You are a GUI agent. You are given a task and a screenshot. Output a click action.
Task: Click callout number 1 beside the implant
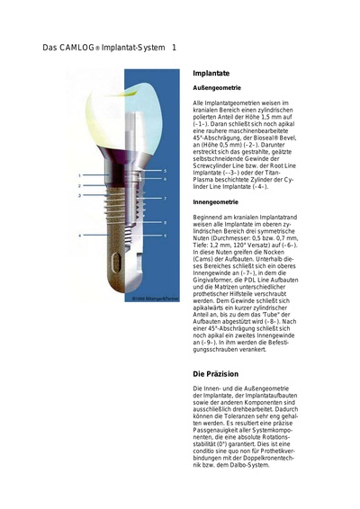tap(79, 174)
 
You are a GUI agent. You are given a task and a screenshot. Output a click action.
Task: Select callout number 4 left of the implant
tap(79, 236)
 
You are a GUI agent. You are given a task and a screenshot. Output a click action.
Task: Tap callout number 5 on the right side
tap(165, 168)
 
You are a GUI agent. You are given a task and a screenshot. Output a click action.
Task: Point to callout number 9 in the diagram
tap(165, 236)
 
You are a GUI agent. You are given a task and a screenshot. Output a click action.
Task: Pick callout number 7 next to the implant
tap(165, 198)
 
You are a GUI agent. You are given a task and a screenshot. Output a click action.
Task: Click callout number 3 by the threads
tap(79, 194)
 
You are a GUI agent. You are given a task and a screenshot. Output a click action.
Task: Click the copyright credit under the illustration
tap(144, 298)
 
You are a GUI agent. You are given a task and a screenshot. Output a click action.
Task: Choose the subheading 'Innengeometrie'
tap(216, 203)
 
